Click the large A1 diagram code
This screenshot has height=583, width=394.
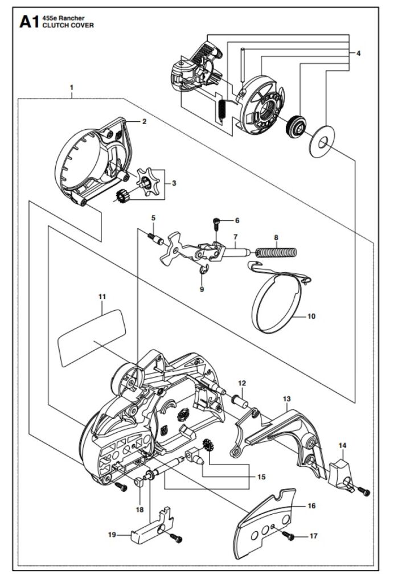coord(28,22)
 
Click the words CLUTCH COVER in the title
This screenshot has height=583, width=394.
coord(68,25)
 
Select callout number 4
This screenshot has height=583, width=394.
coord(358,54)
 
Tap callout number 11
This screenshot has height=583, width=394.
coord(102,296)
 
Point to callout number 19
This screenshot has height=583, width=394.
coord(112,535)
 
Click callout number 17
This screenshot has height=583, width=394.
coord(314,536)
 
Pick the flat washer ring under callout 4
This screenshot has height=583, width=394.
coord(322,142)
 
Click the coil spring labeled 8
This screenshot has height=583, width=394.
coord(276,252)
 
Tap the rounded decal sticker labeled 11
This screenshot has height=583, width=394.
coord(92,338)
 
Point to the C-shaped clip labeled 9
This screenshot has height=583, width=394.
coord(203,271)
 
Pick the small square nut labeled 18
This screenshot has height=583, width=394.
coord(138,482)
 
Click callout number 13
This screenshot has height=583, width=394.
coord(286,399)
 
